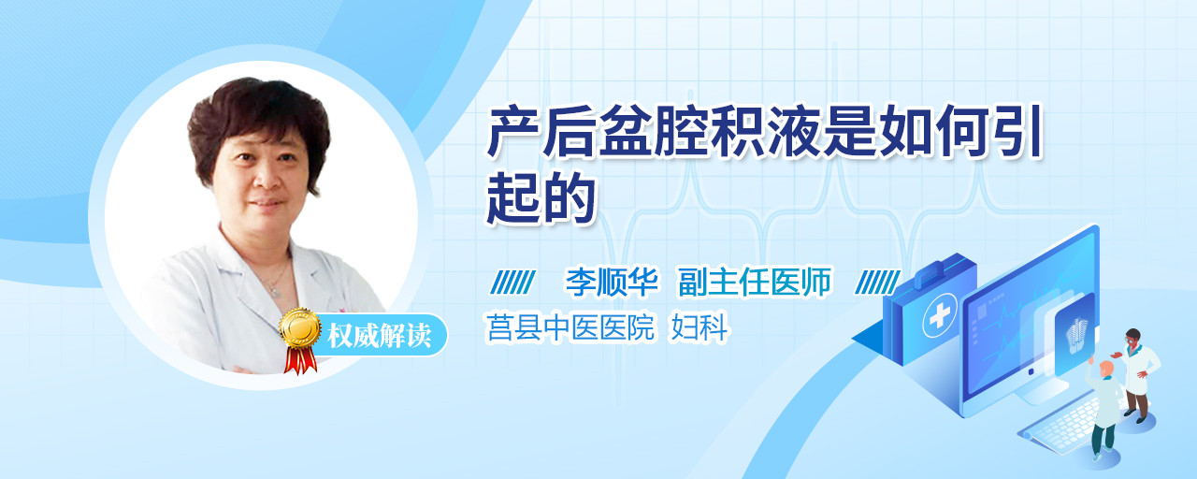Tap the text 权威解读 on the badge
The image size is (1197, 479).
(379, 336)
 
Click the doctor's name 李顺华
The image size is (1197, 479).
(612, 282)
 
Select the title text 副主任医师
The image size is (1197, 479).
(755, 282)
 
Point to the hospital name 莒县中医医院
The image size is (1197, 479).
(570, 327)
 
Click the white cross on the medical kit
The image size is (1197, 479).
(940, 316)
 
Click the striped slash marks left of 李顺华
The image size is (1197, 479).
(512, 282)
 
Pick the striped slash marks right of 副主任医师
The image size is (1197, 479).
(877, 282)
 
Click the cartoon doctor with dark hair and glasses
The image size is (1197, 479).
(1137, 374)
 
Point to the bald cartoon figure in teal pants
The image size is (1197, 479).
(1104, 409)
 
